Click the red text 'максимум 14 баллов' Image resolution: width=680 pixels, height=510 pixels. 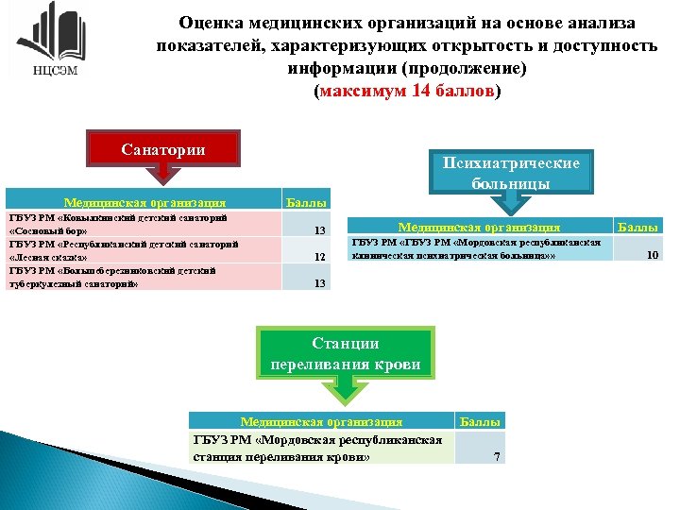407,93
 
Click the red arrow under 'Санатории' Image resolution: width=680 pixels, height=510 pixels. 163,177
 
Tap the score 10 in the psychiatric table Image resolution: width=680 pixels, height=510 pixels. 652,253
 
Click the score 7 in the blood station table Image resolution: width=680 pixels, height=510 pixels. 498,458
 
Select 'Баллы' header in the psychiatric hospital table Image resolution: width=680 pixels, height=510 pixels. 637,227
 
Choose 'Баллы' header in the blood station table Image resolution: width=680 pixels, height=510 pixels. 481,421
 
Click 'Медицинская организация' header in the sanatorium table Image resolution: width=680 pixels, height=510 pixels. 144,202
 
